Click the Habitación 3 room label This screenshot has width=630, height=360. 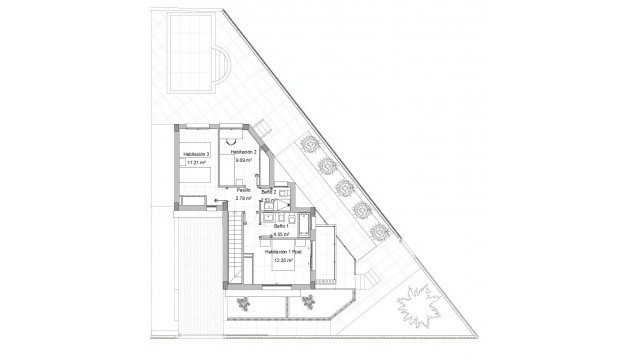coord(196,153)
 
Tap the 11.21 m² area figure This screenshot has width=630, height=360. coord(196,161)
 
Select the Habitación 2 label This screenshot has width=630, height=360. coord(244,151)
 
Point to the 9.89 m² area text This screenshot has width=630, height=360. coord(243,159)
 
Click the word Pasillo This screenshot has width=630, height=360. coord(243,189)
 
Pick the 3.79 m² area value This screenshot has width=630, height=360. coord(244,197)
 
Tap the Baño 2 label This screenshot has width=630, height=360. coord(268,191)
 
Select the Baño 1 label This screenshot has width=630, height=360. coord(283,227)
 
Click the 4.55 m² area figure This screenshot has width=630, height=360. coord(283,235)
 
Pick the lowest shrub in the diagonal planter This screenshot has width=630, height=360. coord(378,232)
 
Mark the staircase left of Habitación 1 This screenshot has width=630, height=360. coord(232,246)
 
